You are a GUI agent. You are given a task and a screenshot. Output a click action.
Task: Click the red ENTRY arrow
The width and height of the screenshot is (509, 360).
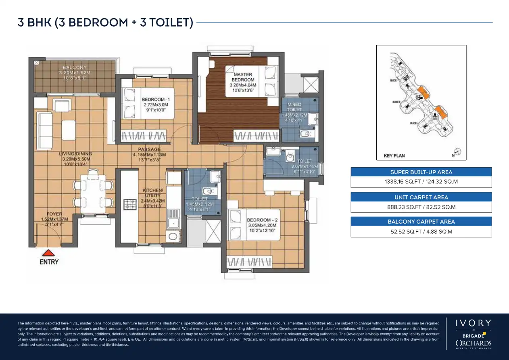(49, 253)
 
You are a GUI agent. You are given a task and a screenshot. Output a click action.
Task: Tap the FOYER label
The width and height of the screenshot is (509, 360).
(54, 214)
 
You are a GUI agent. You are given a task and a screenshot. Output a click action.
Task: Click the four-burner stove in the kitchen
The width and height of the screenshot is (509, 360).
(130, 204)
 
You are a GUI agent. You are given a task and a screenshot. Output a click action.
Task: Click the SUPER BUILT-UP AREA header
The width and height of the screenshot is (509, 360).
(421, 172)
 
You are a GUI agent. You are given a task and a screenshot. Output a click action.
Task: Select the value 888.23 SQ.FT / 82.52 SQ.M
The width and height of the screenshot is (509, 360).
(421, 207)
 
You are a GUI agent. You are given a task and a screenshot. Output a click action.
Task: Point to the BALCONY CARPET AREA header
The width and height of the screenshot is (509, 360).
(421, 222)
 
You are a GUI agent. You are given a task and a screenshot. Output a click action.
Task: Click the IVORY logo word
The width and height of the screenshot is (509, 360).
(473, 323)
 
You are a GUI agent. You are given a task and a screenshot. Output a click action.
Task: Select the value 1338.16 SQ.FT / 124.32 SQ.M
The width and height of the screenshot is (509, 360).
(421, 182)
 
